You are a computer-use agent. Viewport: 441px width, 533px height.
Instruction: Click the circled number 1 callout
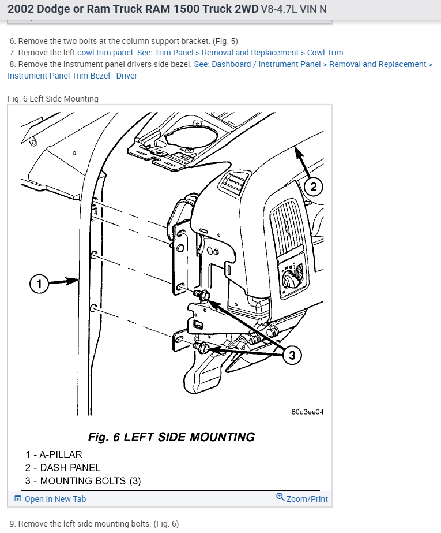(x=39, y=284)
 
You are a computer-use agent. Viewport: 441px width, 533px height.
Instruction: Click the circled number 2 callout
(x=312, y=187)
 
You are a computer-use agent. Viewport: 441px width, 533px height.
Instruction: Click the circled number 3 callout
(x=292, y=355)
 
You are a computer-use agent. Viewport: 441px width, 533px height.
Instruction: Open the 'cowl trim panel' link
(x=105, y=53)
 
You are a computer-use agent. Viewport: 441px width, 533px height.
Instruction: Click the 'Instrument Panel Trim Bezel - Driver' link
(x=73, y=76)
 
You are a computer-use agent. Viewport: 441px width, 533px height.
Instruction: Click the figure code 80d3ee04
(x=308, y=412)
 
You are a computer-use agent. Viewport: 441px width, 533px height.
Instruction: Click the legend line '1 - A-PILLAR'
(x=54, y=454)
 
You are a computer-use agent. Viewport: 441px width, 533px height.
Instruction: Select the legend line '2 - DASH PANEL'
(x=62, y=468)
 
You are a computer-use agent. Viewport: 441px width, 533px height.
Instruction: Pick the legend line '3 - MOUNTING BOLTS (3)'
(x=82, y=480)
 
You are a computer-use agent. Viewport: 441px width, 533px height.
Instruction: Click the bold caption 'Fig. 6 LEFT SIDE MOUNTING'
(x=171, y=437)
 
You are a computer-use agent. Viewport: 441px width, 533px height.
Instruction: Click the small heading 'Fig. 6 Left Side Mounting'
(x=53, y=99)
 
